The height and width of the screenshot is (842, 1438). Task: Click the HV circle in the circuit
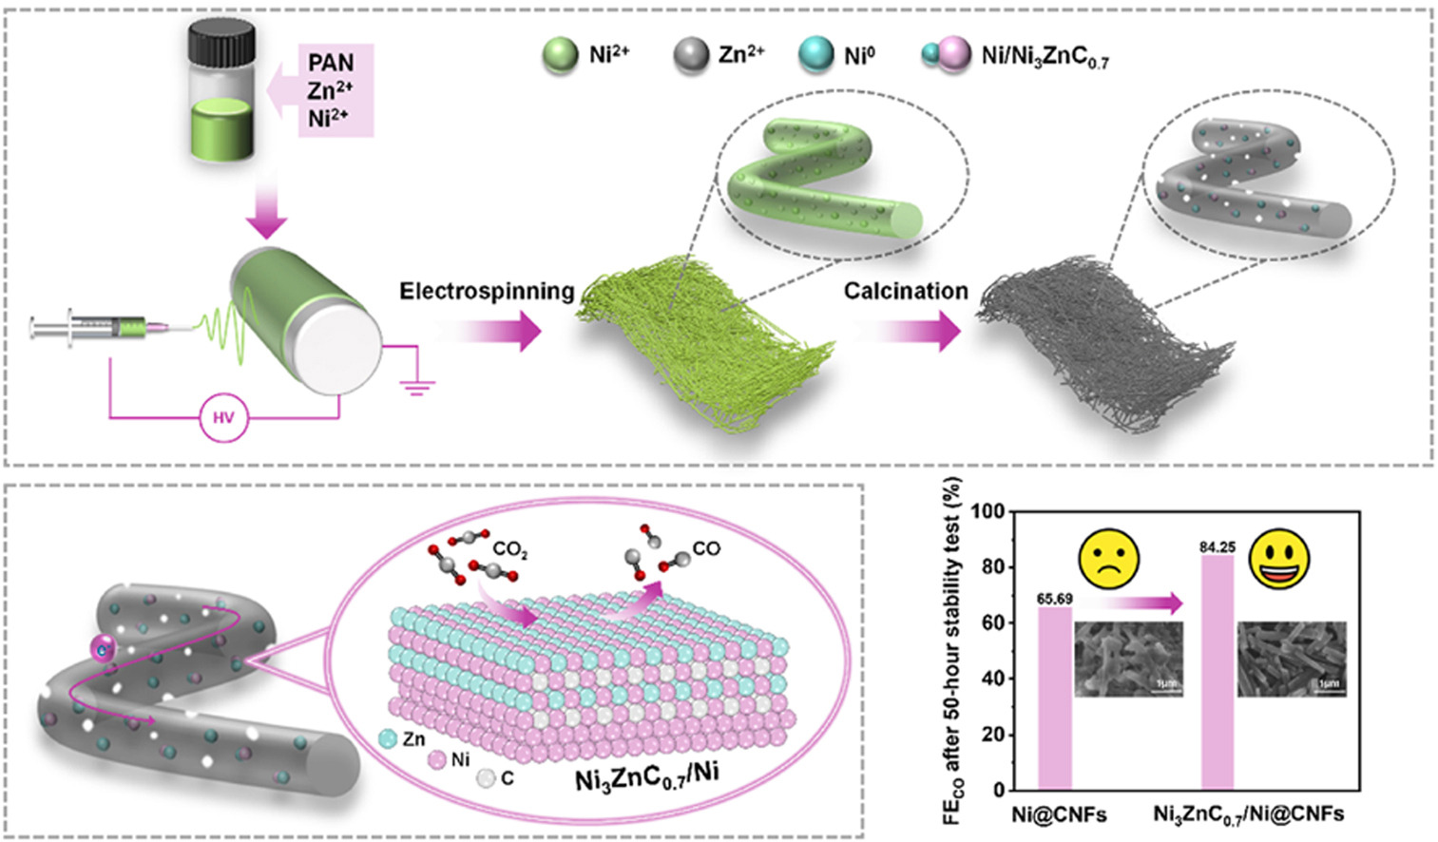point(223,417)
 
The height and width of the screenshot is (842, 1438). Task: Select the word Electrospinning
point(487,291)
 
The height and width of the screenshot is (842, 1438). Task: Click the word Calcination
point(906,291)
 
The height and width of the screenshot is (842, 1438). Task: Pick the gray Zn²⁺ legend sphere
point(691,55)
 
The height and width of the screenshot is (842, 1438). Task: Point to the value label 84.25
point(1218,547)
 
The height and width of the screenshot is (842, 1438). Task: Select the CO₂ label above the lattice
point(510,550)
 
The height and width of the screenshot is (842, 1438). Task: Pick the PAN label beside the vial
point(331,63)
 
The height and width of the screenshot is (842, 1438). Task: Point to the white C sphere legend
point(486,778)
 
